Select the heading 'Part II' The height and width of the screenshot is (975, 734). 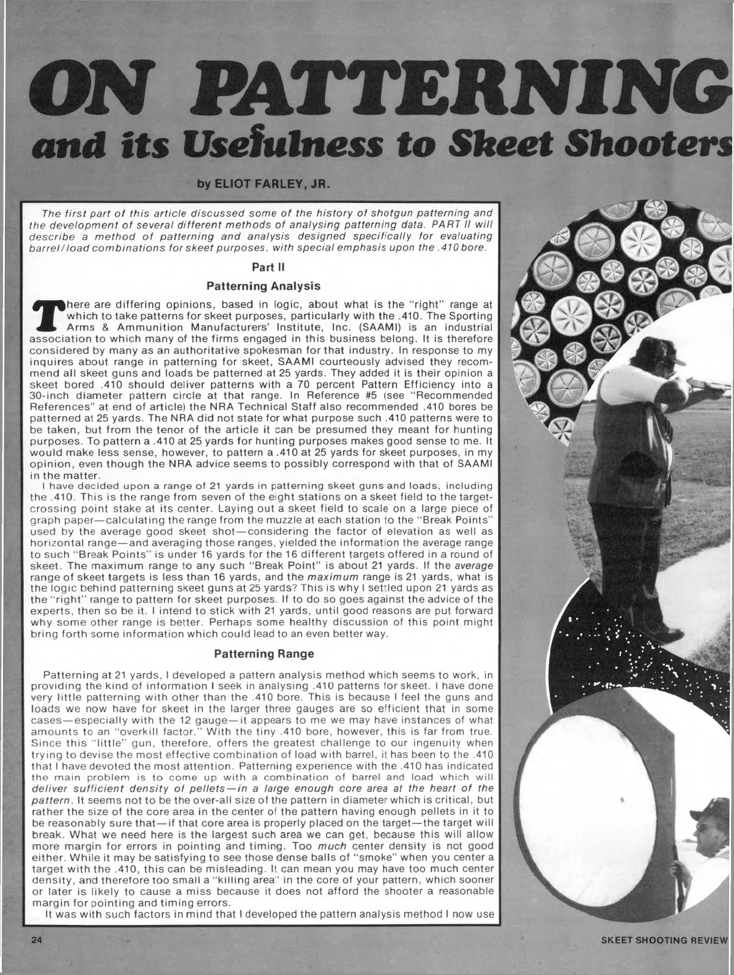pos(263,267)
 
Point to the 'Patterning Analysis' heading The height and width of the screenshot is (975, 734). pos(263,285)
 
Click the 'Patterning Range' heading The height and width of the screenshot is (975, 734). pos(264,654)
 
